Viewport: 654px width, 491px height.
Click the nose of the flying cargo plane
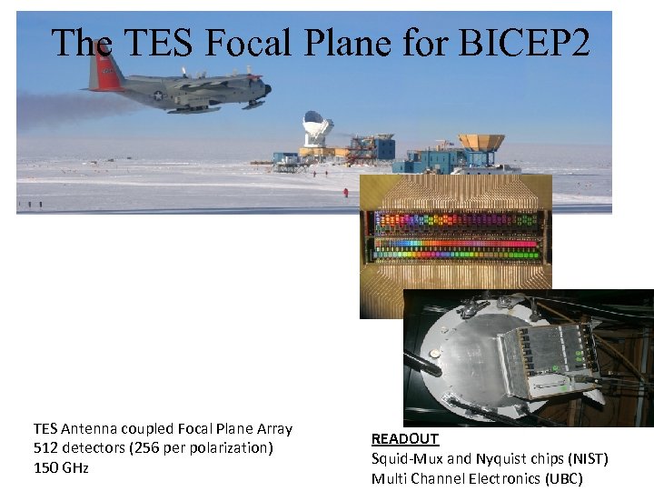coord(268,88)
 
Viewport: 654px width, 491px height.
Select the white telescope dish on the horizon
coord(316,127)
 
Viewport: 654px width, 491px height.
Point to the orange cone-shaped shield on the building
coord(481,143)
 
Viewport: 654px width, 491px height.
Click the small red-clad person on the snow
coord(344,192)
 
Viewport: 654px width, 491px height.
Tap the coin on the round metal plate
coord(435,353)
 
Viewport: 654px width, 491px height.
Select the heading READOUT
coord(404,438)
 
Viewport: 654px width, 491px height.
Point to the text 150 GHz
coord(60,467)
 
